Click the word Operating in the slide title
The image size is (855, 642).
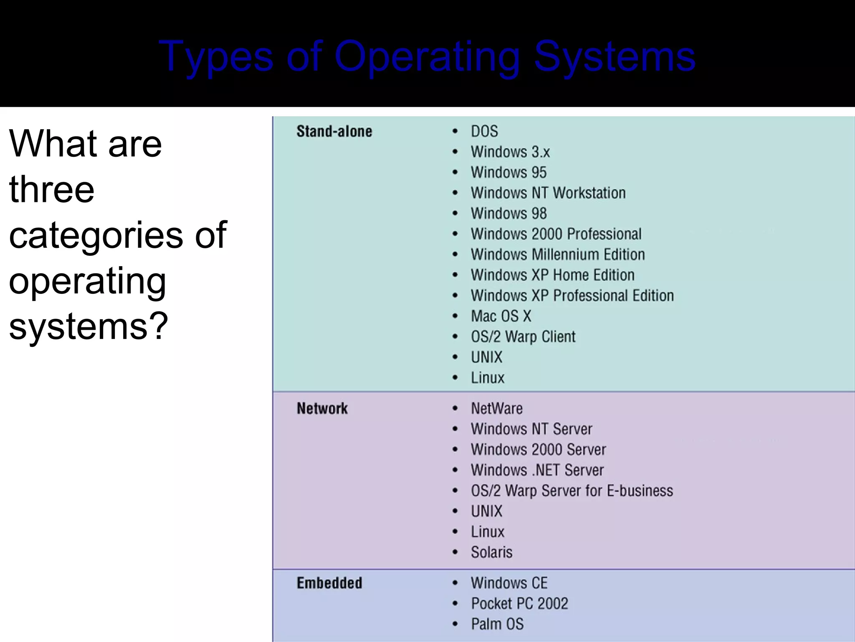point(427,57)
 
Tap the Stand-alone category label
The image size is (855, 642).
point(334,132)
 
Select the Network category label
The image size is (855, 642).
point(322,408)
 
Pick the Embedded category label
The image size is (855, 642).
point(329,583)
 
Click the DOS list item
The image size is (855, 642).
point(484,132)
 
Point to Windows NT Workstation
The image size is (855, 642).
point(548,193)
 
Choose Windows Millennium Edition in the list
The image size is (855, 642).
point(557,255)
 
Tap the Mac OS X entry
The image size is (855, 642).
point(501,316)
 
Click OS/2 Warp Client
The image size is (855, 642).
point(523,337)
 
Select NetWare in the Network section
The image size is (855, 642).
point(496,408)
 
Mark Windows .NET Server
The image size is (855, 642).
point(537,470)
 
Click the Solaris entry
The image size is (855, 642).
point(491,553)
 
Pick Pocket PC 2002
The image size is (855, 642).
point(519,604)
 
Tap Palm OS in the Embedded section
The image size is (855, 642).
point(497,624)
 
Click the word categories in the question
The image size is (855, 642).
point(96,235)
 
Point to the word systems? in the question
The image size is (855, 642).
point(88,326)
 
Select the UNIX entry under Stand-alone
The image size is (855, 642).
point(486,357)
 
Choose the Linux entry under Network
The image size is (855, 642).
point(487,532)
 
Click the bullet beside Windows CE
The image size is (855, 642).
point(455,583)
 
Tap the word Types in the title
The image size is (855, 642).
point(215,57)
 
